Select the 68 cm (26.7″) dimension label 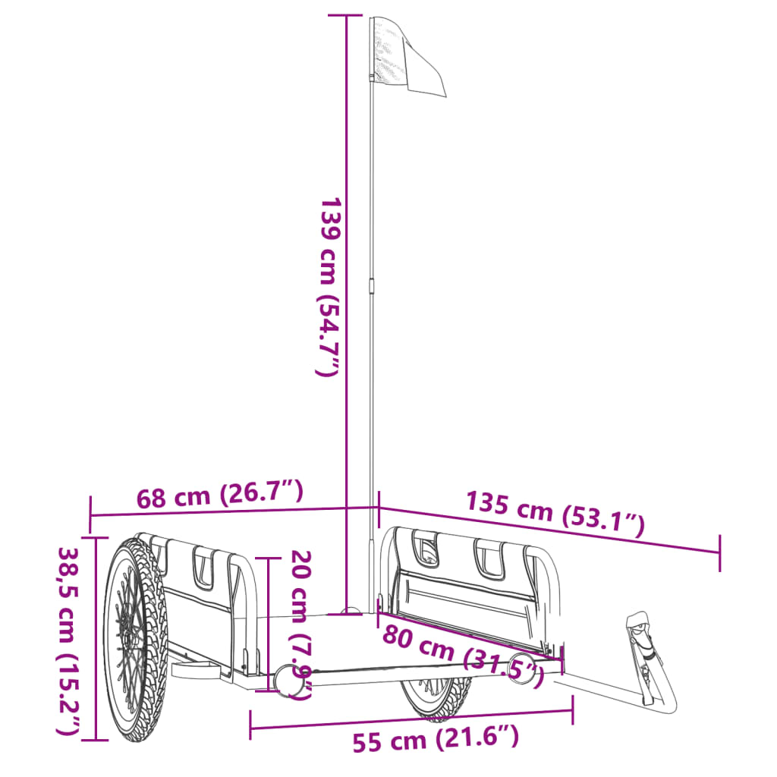pos(220,495)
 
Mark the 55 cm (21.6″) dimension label pos(436,739)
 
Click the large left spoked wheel pos(134,637)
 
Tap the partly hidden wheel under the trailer pos(436,697)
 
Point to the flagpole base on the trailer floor pos(351,611)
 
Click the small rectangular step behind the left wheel pos(193,670)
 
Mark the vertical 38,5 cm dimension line pos(96,637)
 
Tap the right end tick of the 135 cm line pos(719,552)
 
